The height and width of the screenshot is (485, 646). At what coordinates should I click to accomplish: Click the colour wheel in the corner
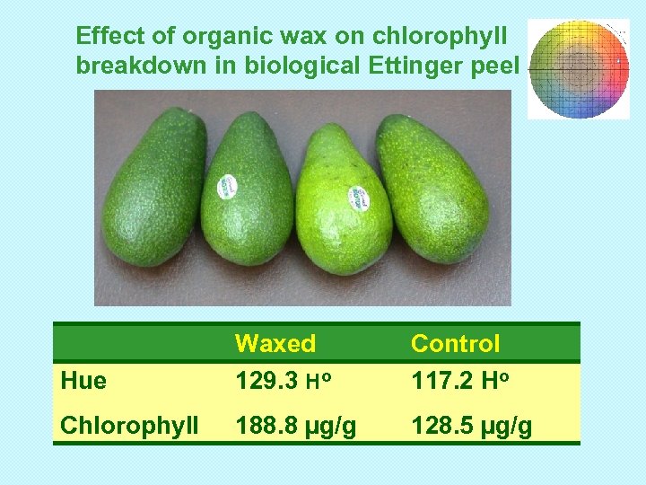point(579,69)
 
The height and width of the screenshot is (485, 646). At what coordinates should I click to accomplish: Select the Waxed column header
point(275,343)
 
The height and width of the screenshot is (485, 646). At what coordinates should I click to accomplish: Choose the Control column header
point(455,343)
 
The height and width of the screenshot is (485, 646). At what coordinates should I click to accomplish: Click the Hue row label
point(83,381)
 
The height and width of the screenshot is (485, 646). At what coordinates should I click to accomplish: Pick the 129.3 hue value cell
point(283,381)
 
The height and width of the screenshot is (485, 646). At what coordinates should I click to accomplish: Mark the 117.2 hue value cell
point(458,381)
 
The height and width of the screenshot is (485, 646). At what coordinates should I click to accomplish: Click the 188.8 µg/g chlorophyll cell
point(295,425)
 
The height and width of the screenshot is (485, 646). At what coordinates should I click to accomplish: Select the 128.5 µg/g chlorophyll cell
point(471,425)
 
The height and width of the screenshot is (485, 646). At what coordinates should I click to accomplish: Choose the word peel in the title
point(496,66)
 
